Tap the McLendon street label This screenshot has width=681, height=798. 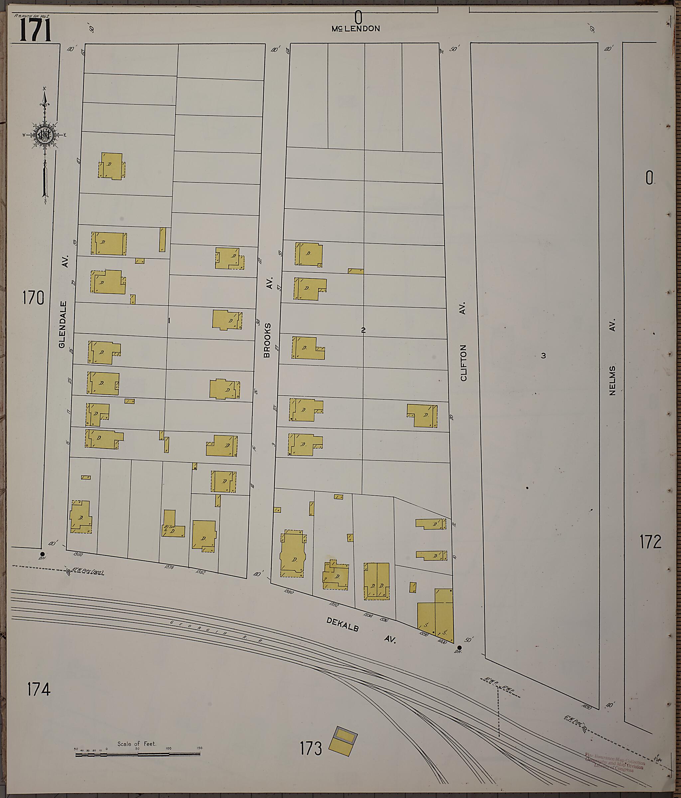(x=356, y=29)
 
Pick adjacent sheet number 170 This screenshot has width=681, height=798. (x=33, y=298)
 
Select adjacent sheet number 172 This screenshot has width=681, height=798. (x=650, y=542)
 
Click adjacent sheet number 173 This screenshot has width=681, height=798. (x=311, y=749)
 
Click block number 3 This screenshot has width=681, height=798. (x=543, y=355)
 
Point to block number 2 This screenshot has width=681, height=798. (x=363, y=330)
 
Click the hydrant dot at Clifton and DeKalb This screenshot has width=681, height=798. (x=459, y=648)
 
